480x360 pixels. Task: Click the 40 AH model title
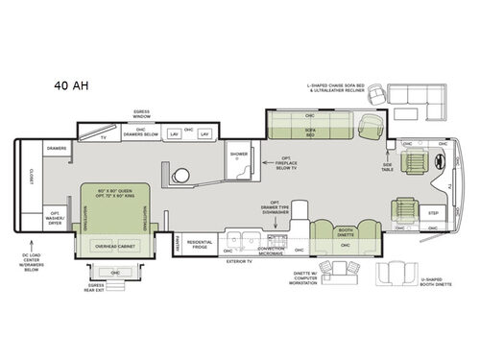pyautogui.click(x=70, y=85)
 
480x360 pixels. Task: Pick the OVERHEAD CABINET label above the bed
pyautogui.click(x=112, y=246)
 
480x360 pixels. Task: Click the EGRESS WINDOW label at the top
pyautogui.click(x=141, y=114)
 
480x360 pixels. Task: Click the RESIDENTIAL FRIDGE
pyautogui.click(x=200, y=244)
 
